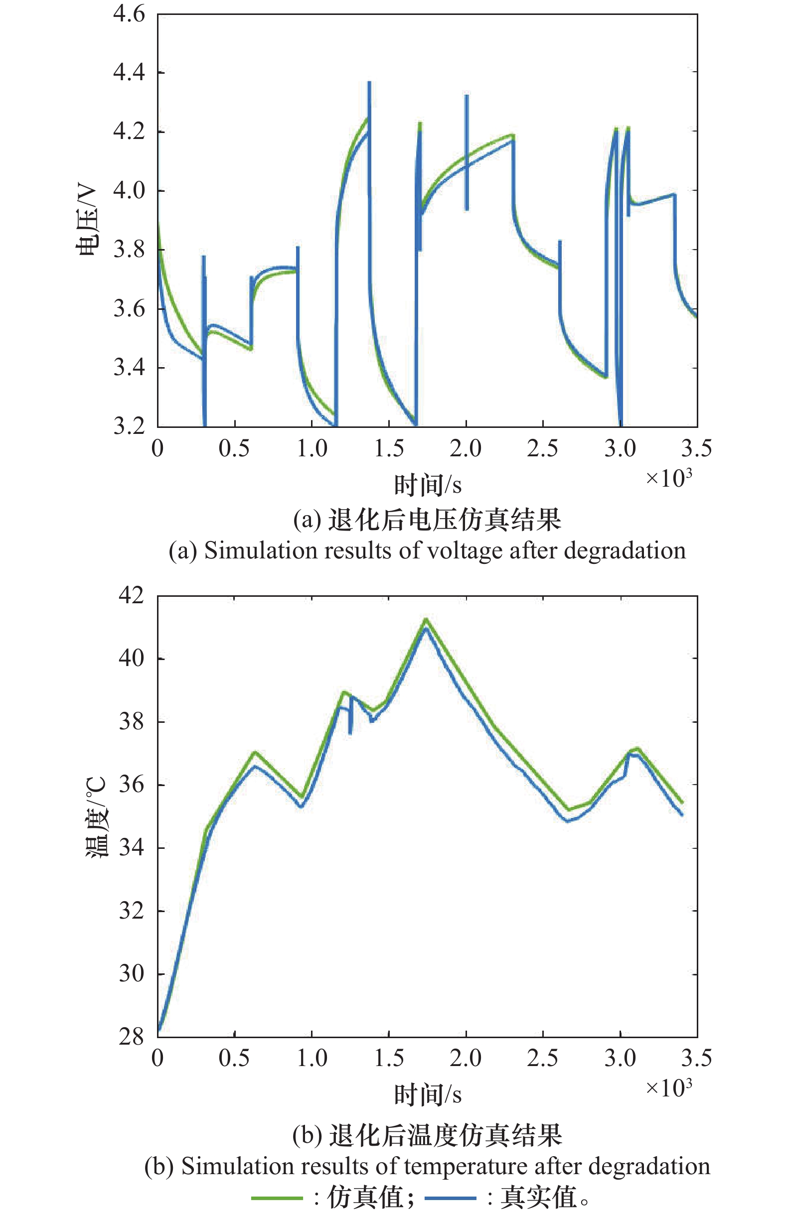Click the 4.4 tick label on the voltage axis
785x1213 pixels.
coord(129,73)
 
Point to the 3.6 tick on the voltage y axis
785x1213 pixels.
coord(129,309)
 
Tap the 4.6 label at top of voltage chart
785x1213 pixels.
coord(129,14)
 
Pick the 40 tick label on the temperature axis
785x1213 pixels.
coord(131,658)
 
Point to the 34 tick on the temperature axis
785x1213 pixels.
coord(131,848)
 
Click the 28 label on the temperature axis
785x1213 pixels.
coord(131,1037)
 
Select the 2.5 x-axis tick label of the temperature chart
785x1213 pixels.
coord(542,1059)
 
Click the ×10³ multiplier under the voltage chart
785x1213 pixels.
coord(668,478)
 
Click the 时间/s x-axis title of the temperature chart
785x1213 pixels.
coord(428,1094)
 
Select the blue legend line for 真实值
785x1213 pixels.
coord(450,1198)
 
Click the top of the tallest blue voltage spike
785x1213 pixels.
coord(369,83)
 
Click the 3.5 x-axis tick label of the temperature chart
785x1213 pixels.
coord(696,1059)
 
